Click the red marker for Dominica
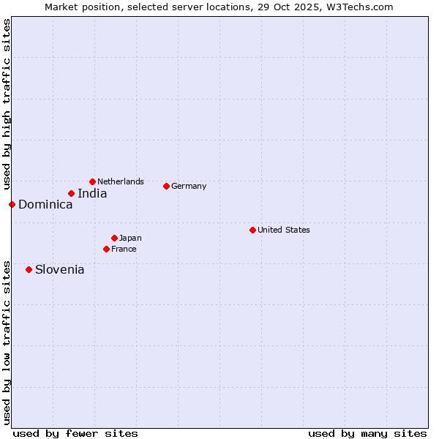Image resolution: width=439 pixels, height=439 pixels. pos(12,204)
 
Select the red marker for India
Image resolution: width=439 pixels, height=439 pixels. pos(71,193)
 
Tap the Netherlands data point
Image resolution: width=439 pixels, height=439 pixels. pos(92,181)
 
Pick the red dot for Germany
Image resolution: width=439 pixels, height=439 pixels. pos(166,186)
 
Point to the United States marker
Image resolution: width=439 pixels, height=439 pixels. pos(252,230)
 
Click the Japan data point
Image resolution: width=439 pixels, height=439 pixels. pos(114,238)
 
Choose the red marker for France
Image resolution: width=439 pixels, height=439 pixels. pos(106,249)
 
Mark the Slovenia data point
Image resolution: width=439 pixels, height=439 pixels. pos(29,269)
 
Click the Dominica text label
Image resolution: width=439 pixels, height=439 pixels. pos(45,205)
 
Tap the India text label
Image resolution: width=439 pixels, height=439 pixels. pos(92,194)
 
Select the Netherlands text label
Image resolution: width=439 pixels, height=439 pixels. pos(121,181)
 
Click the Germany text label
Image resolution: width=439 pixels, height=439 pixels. pos(189,186)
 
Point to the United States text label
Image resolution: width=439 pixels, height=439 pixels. pos(284,230)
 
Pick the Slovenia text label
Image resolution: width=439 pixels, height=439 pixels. pos(59,270)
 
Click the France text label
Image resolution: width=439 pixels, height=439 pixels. pos(124,249)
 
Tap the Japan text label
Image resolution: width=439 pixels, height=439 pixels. pos(130,238)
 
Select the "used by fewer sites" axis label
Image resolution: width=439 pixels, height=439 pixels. pos(75,433)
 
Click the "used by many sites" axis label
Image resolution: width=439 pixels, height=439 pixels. pos(367,433)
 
